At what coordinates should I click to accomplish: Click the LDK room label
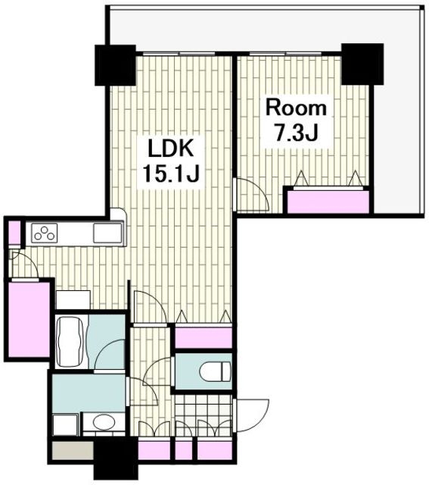pyautogui.click(x=170, y=149)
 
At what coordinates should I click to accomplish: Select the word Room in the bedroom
pyautogui.click(x=296, y=108)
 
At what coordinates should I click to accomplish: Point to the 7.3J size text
pyautogui.click(x=296, y=133)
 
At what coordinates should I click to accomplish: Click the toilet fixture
pyautogui.click(x=215, y=371)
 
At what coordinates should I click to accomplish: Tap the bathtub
pyautogui.click(x=71, y=342)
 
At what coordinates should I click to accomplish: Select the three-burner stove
pyautogui.click(x=45, y=233)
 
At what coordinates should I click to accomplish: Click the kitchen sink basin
pyautogui.click(x=107, y=233)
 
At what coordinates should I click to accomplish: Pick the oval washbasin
pyautogui.click(x=104, y=422)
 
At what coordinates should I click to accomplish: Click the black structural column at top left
pyautogui.click(x=115, y=65)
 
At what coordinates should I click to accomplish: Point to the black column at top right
pyautogui.click(x=362, y=64)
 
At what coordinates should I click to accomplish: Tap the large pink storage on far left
pyautogui.click(x=30, y=319)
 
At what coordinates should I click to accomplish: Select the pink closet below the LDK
pyautogui.click(x=204, y=337)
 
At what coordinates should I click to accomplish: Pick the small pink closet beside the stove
pyautogui.click(x=14, y=232)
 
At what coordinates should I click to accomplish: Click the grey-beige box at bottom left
pyautogui.click(x=73, y=450)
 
